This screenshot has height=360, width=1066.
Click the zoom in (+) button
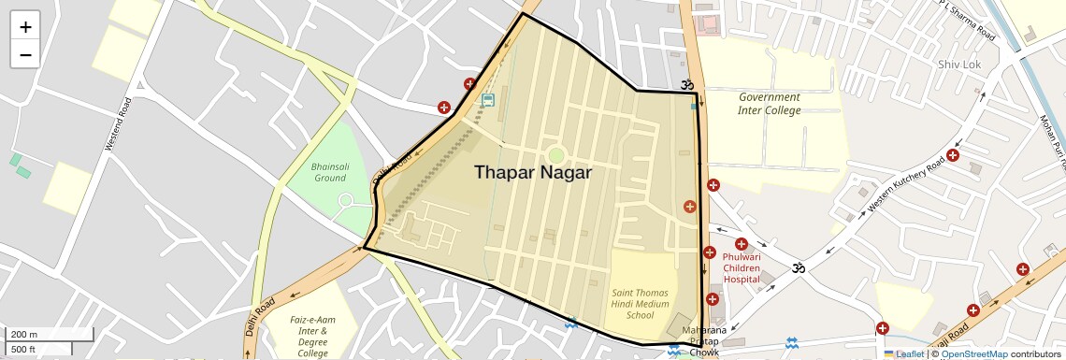(25, 27)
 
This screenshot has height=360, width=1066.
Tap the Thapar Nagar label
(532, 172)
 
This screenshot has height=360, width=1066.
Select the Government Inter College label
(769, 104)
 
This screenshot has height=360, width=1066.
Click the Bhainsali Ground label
(329, 172)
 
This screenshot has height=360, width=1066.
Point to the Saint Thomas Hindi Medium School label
(640, 304)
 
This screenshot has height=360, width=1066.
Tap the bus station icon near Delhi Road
(487, 100)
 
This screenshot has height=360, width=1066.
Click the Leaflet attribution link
(908, 354)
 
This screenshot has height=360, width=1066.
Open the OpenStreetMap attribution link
(973, 354)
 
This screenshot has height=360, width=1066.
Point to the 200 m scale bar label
(25, 335)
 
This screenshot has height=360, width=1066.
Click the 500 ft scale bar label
(24, 350)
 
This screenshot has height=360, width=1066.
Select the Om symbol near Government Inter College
(689, 84)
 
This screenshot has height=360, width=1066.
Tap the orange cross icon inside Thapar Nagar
(690, 206)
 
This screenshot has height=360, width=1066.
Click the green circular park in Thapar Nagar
(556, 155)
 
